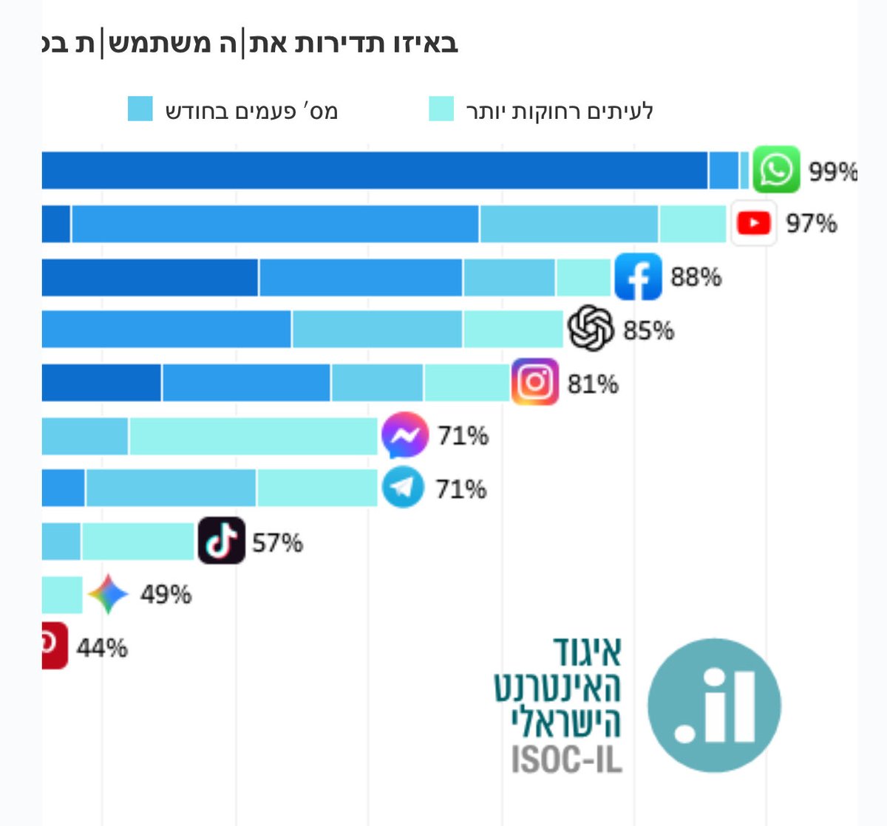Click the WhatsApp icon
coord(776,170)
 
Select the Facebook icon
coord(638,276)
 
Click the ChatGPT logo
coord(591,329)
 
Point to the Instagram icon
coord(534,382)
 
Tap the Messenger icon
coord(404,435)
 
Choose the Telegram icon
coord(403,488)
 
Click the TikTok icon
coord(222,542)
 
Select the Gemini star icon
coord(108,594)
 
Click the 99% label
coord(832,171)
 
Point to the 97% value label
coord(811,223)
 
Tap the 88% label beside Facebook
coord(696,277)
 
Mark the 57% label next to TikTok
coord(277,543)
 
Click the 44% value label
coord(102,649)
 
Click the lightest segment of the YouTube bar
coord(693,224)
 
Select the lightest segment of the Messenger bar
coord(254,436)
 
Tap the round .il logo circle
coord(714,705)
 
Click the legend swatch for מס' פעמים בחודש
coord(140,109)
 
